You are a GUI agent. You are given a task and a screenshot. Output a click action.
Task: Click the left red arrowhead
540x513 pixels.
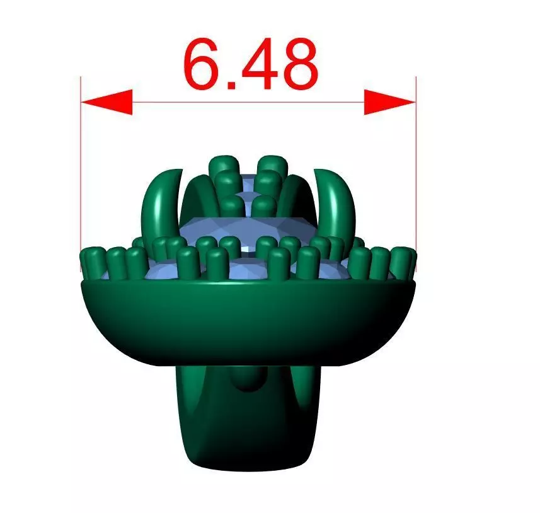(106, 102)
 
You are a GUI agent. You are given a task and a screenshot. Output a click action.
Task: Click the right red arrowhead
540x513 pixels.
(390, 102)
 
